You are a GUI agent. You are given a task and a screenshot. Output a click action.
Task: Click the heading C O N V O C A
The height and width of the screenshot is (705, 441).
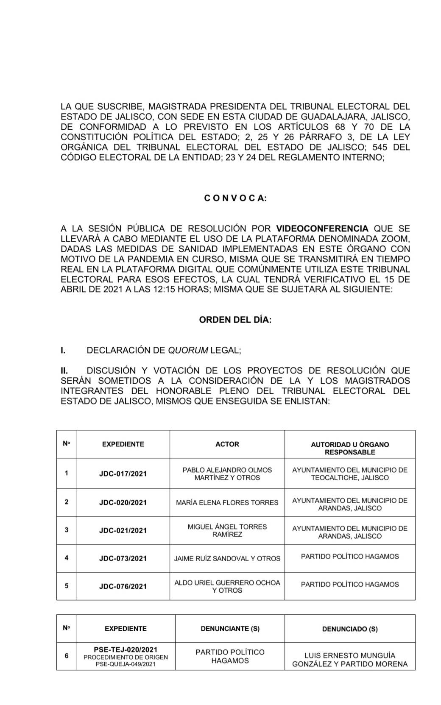[x=235, y=198]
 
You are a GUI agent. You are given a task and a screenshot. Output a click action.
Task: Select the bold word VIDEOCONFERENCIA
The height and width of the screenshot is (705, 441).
[x=322, y=228]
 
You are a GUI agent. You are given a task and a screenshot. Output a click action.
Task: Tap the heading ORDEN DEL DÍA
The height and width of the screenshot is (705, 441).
[x=235, y=320]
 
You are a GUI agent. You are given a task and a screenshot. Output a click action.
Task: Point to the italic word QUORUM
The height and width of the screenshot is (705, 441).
[x=188, y=350]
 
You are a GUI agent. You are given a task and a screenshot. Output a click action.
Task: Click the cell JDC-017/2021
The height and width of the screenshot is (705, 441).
[x=123, y=474]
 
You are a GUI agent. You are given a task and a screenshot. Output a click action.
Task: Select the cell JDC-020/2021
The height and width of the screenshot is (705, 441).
[x=123, y=502]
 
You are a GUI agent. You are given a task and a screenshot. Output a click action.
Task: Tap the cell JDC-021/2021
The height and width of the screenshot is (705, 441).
[x=123, y=530]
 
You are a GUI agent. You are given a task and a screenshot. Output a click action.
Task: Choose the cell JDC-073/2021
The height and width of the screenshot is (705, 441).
[x=123, y=558]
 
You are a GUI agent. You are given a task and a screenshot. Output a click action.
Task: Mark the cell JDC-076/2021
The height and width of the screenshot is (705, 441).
[x=123, y=586]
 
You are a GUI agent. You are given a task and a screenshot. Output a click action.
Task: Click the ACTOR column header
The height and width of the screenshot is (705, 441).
[x=227, y=444]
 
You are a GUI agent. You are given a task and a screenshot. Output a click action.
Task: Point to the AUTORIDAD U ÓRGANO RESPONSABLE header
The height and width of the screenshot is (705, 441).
[x=350, y=448]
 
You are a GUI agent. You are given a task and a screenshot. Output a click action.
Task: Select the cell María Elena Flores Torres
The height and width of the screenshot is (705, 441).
[x=227, y=502]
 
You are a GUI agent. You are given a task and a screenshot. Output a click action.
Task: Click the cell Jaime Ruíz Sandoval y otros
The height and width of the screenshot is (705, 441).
[x=227, y=558]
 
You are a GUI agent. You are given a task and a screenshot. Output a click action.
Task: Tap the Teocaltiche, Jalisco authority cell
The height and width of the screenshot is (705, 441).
[x=350, y=474]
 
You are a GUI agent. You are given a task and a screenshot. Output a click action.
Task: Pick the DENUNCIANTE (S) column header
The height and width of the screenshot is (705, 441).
[x=230, y=629]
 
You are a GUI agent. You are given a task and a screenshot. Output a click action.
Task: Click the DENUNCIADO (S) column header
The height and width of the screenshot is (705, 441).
[x=350, y=629]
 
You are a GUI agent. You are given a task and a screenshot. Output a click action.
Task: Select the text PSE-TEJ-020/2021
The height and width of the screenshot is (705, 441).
[x=126, y=649]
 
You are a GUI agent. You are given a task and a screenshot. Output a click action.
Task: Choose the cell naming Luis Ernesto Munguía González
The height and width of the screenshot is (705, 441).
[x=350, y=659]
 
